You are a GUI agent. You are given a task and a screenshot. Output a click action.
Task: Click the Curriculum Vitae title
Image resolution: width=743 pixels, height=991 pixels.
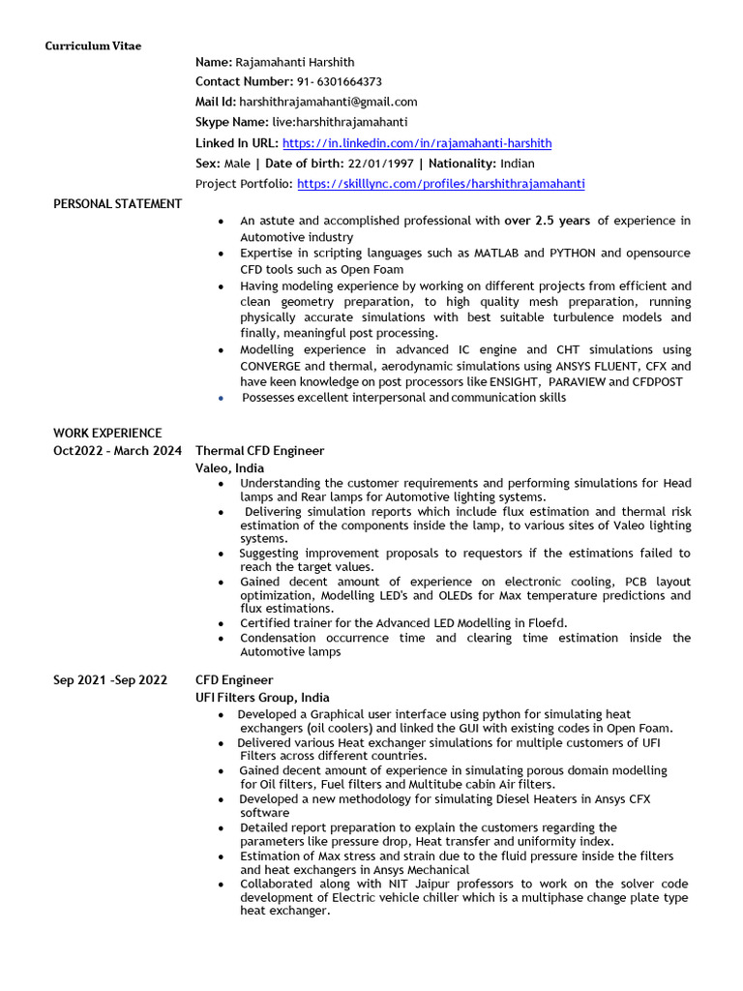[93, 46]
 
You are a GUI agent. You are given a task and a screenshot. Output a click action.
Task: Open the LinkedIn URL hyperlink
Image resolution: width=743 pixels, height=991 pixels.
[416, 143]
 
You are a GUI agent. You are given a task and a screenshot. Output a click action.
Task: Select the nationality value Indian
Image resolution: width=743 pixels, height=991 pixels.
[518, 164]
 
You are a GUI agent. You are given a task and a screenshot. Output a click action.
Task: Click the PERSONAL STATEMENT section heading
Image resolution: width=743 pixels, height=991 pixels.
[117, 203]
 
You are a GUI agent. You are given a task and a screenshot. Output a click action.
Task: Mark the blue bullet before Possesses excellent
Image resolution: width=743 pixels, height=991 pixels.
[222, 398]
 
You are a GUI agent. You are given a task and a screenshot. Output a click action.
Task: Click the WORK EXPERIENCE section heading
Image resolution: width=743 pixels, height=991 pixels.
[107, 433]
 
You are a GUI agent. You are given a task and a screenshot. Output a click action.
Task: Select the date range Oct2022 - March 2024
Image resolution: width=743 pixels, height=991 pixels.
[117, 451]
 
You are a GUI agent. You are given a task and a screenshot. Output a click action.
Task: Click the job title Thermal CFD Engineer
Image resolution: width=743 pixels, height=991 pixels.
[259, 451]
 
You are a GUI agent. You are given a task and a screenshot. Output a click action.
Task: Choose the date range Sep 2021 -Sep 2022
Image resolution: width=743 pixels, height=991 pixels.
[110, 680]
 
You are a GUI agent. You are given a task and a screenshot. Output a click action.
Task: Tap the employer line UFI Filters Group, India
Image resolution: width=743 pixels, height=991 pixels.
[262, 698]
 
